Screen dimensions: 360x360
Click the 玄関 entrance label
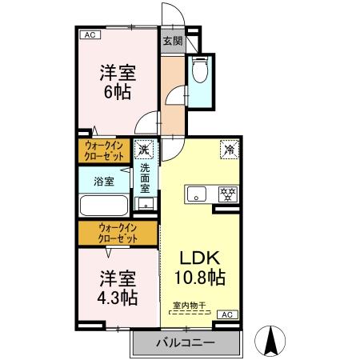pyautogui.click(x=172, y=41)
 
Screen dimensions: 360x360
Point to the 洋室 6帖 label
pyautogui.click(x=118, y=82)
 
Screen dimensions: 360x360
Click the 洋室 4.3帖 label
pyautogui.click(x=118, y=288)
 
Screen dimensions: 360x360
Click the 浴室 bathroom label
pyautogui.click(x=104, y=181)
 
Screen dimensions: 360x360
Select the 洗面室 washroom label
pyautogui.click(x=146, y=180)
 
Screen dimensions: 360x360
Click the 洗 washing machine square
pyautogui.click(x=145, y=150)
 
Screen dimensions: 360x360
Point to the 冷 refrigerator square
pyautogui.click(x=228, y=150)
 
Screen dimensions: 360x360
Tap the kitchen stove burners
pyautogui.click(x=227, y=193)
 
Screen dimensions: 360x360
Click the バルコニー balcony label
pyautogui.click(x=186, y=342)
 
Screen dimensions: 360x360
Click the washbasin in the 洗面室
pyautogui.click(x=145, y=204)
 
